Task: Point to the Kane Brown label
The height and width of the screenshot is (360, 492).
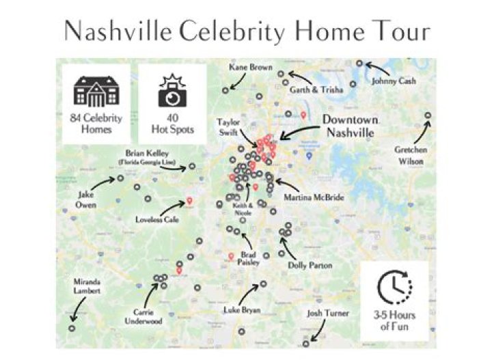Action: click(x=250, y=68)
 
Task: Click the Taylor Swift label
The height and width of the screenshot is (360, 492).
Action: click(x=229, y=126)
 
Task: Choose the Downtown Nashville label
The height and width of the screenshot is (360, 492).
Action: click(x=348, y=126)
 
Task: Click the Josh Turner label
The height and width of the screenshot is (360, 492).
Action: click(x=328, y=314)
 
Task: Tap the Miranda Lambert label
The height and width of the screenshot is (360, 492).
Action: click(x=87, y=286)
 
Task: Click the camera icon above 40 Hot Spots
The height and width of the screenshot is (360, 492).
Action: click(x=172, y=91)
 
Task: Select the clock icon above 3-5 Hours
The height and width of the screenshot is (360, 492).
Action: click(x=394, y=286)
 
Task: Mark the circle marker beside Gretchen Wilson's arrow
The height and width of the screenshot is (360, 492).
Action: click(x=428, y=115)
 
